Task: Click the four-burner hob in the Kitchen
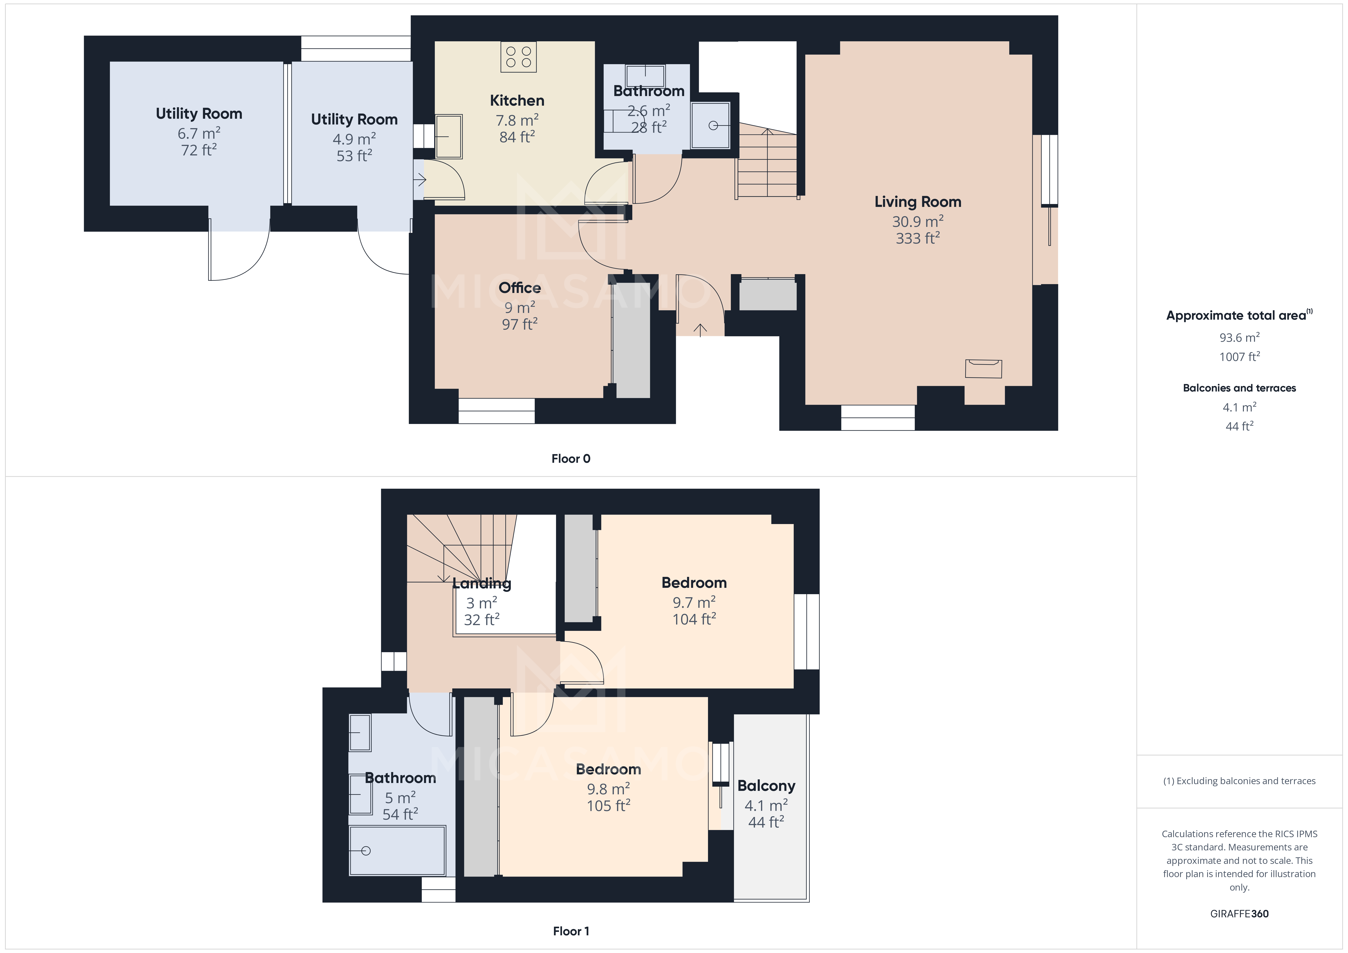(518, 57)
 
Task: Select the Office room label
(520, 288)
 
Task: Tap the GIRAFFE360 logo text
(1239, 914)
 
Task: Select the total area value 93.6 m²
(1239, 338)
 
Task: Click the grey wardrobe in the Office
(632, 341)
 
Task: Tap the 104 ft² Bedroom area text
(694, 620)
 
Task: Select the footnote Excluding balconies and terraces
(1239, 781)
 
